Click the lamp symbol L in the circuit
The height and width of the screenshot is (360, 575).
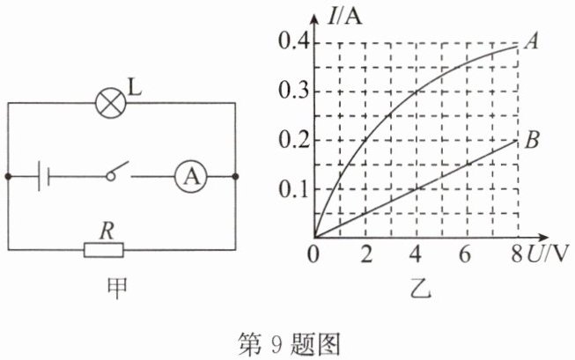pos(110,103)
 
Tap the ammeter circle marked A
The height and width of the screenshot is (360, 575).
pos(191,177)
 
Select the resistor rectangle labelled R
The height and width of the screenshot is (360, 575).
pos(104,250)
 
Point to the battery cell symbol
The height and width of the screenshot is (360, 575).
pos(44,177)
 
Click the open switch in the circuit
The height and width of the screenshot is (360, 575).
pos(117,172)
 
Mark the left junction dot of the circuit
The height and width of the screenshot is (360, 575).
pos(9,177)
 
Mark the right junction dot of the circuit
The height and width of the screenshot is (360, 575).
pos(235,177)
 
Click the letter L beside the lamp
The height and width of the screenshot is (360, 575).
pos(135,87)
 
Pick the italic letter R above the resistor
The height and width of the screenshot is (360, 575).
pos(107,231)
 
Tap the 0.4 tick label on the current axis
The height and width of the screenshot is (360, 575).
pos(293,41)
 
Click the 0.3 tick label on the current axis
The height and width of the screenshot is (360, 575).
pos(293,90)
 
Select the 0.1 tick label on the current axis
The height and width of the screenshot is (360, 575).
pos(293,189)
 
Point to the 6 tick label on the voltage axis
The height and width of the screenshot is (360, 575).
pos(465,253)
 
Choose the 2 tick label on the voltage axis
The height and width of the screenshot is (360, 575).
pos(366,253)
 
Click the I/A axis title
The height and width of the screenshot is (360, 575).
pos(344,17)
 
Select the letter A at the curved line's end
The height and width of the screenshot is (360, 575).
pos(531,40)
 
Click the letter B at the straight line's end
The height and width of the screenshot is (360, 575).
pos(532,140)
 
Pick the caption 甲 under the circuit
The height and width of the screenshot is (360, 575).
pos(117,289)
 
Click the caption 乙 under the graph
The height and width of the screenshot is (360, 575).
pos(421,289)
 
